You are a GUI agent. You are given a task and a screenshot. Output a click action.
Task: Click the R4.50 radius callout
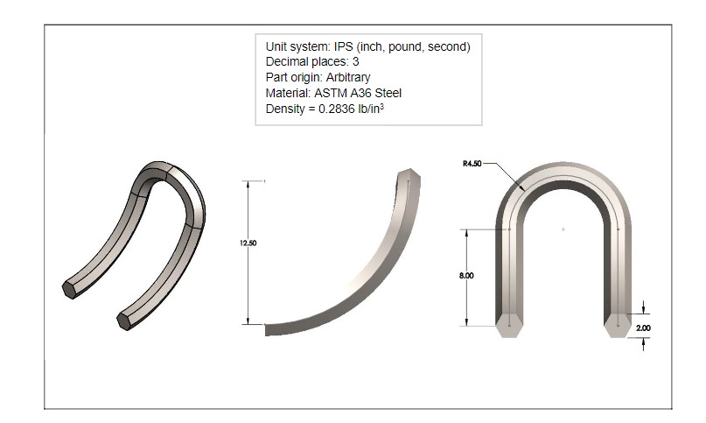click(473, 164)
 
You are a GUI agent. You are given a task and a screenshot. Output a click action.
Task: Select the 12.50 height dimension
click(248, 243)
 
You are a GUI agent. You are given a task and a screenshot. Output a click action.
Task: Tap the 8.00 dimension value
click(466, 275)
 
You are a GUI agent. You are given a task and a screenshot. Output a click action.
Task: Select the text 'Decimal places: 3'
click(312, 62)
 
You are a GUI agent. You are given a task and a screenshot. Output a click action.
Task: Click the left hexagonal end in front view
click(509, 324)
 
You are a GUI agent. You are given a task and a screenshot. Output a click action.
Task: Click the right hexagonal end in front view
click(618, 324)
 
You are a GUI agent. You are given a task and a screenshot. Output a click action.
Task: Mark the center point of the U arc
click(563, 229)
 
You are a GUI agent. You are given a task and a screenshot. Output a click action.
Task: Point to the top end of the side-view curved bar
click(411, 176)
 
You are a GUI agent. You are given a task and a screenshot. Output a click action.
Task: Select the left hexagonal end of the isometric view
click(69, 290)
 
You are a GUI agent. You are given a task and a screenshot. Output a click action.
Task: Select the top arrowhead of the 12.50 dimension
click(248, 184)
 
